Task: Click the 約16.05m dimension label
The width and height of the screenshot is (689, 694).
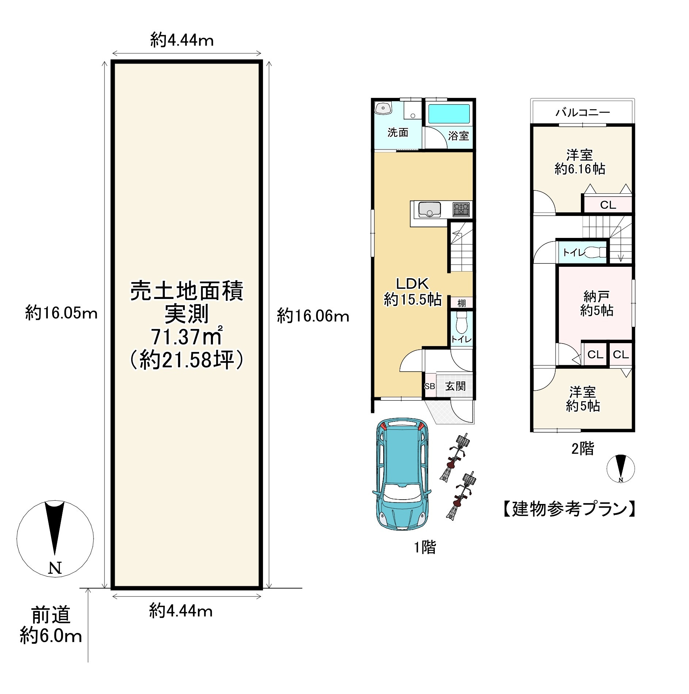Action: tap(61, 313)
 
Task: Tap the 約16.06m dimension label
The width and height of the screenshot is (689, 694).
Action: tap(313, 316)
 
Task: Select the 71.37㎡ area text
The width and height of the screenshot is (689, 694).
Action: tap(187, 337)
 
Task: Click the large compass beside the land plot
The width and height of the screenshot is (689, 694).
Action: tap(55, 538)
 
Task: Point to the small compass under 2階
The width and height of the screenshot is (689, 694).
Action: tap(620, 469)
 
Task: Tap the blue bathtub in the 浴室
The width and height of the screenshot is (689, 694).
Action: tap(449, 114)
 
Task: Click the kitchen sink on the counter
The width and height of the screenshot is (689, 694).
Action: tap(429, 209)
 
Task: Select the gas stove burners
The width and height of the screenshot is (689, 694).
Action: tap(461, 209)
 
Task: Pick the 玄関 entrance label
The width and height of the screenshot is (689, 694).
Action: tap(455, 386)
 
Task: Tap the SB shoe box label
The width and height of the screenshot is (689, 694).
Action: tap(430, 386)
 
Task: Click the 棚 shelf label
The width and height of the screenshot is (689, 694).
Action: tap(461, 303)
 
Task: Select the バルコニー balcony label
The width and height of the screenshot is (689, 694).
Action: tap(583, 112)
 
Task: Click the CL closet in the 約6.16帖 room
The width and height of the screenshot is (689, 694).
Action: tap(608, 205)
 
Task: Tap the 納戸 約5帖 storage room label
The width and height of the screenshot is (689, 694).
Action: tap(596, 303)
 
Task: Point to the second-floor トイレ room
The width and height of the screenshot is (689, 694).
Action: tap(582, 252)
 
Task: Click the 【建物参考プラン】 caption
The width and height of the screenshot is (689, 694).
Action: tap(569, 509)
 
